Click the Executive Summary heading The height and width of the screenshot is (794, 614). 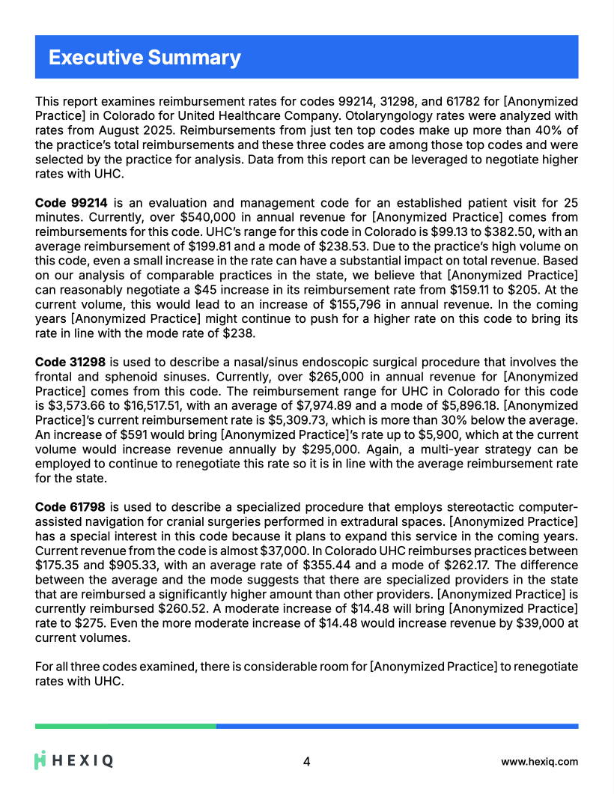tap(145, 58)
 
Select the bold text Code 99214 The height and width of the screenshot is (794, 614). tap(71, 203)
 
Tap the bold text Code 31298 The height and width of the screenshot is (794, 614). tap(71, 362)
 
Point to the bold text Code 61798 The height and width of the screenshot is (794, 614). tap(71, 507)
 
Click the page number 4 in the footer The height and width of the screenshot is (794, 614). tap(306, 762)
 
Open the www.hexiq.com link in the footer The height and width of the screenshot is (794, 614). tap(539, 762)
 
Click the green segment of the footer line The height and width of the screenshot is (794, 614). tap(126, 726)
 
